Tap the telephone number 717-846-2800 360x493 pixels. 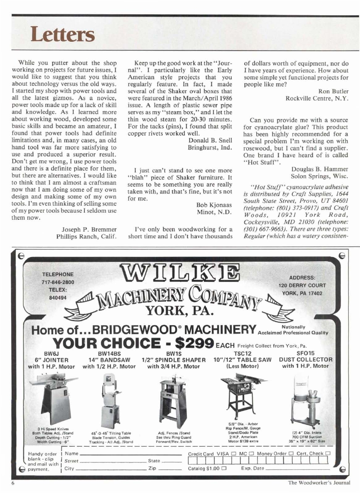tap(58, 282)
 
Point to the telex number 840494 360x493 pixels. tap(58, 297)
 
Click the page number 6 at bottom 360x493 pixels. tap(13, 483)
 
